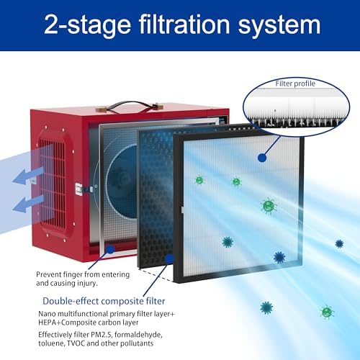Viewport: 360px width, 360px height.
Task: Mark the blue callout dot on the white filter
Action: pos(261,156)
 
